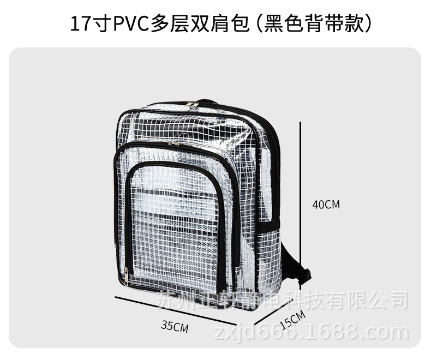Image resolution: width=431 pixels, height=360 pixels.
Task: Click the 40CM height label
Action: click(326, 205)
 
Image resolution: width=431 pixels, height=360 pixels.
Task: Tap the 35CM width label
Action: click(175, 326)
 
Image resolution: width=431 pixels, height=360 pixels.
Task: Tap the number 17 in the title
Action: click(79, 25)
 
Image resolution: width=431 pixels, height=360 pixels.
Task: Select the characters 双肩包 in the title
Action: click(221, 25)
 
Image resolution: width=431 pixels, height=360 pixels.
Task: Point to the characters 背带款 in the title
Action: click(335, 25)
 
